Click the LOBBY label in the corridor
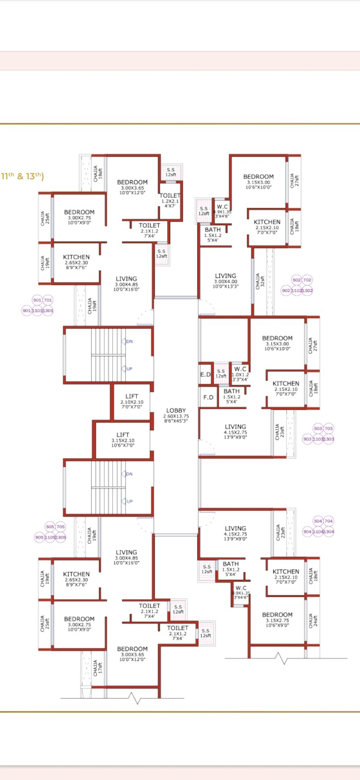[x=176, y=410]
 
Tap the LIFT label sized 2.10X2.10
[x=132, y=396]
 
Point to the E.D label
[x=205, y=375]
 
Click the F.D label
[x=208, y=398]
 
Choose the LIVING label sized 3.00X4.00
[x=226, y=276]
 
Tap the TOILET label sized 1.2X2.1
[x=170, y=196]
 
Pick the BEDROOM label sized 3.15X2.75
[x=277, y=615]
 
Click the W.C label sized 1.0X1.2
[x=240, y=369]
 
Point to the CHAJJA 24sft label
[x=312, y=621]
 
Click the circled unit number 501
[x=37, y=301]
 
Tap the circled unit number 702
[x=307, y=280]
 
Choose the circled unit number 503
[x=318, y=429]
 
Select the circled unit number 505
[x=50, y=527]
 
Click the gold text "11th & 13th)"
[x=22, y=176]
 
